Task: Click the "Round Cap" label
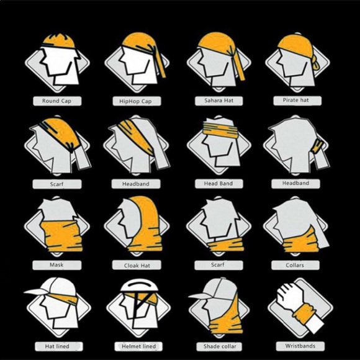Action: (x=56, y=101)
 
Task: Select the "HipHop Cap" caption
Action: (x=135, y=101)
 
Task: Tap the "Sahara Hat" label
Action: (x=219, y=101)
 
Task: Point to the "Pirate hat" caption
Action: (x=295, y=100)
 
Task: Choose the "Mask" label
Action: (x=56, y=264)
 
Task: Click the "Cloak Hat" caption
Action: (x=137, y=266)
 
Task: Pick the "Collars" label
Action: (x=295, y=265)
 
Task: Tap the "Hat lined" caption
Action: (x=57, y=346)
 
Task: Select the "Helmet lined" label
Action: (x=138, y=346)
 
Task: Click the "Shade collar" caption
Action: (x=220, y=346)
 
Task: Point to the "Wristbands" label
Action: (x=300, y=346)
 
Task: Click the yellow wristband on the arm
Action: (x=303, y=313)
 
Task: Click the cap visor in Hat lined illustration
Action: (x=35, y=292)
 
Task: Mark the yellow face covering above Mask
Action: (x=62, y=236)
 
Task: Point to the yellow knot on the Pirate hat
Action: (x=317, y=64)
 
